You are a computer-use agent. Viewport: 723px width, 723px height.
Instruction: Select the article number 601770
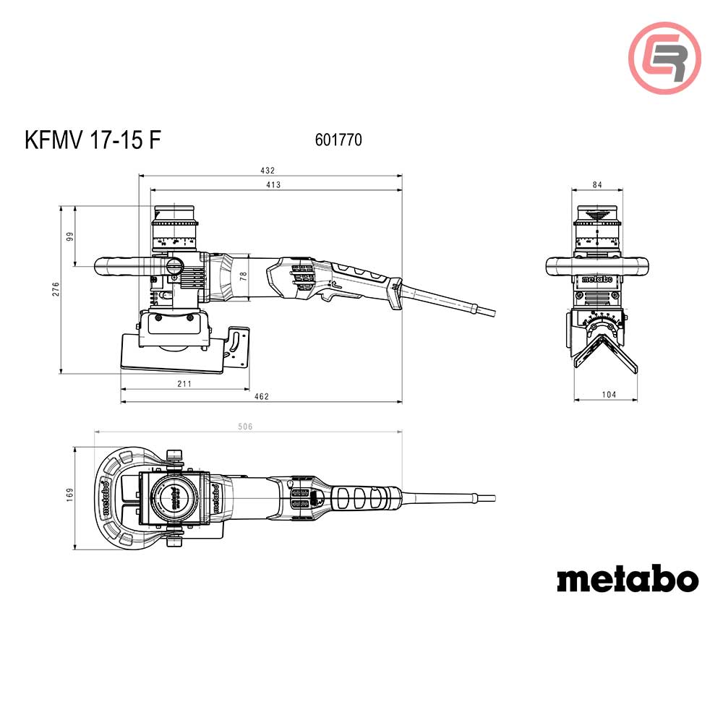338,140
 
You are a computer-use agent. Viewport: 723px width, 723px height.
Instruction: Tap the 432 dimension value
268,171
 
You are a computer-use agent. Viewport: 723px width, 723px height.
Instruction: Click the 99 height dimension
71,236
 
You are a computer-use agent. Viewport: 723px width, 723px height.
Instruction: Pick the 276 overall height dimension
55,289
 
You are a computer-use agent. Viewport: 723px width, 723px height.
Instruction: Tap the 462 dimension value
262,396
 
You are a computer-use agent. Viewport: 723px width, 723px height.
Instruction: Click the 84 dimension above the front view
596,186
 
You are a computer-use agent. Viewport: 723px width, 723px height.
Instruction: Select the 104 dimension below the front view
608,395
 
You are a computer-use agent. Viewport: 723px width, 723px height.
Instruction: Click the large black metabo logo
627,579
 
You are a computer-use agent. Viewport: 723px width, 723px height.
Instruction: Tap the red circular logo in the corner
664,58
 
